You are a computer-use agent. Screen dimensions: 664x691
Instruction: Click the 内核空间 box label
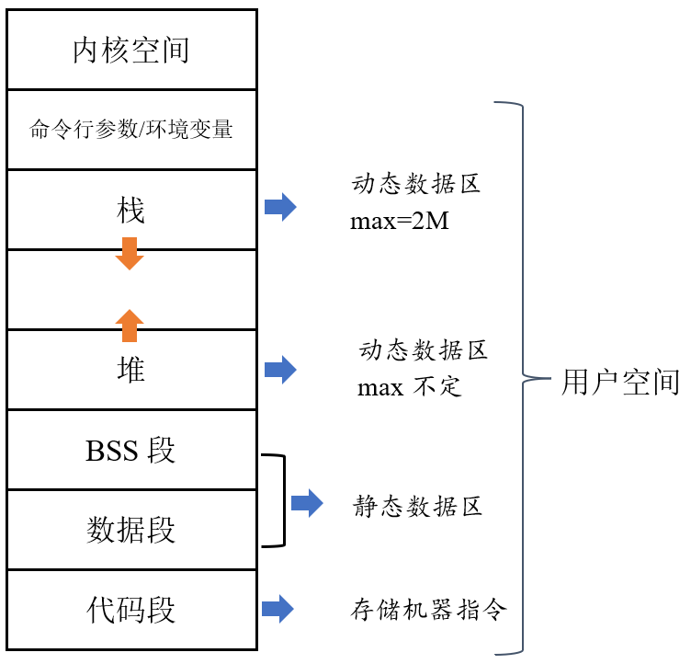130,50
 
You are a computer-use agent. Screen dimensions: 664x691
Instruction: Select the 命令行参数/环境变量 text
130,130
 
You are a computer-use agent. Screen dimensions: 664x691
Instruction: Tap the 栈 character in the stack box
130,211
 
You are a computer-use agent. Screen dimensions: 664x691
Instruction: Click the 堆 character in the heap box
130,370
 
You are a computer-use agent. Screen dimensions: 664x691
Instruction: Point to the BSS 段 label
130,451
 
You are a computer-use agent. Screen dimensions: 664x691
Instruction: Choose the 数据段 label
130,530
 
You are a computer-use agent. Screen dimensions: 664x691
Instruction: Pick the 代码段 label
130,609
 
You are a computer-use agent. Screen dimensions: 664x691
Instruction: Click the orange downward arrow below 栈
130,254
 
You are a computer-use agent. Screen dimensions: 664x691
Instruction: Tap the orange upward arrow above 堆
130,325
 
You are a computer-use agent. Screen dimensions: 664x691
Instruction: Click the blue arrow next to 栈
280,208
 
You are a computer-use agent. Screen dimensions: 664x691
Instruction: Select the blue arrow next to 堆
280,371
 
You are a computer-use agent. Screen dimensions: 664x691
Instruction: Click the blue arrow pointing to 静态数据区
307,503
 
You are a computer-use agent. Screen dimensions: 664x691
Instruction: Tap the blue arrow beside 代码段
278,609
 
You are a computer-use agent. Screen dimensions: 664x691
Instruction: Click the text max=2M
399,222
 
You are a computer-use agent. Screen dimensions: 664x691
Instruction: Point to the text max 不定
409,387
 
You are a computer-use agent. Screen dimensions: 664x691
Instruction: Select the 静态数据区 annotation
418,507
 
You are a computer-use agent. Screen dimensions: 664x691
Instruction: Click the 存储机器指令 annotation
429,611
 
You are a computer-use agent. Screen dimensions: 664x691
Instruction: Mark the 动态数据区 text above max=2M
416,184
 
